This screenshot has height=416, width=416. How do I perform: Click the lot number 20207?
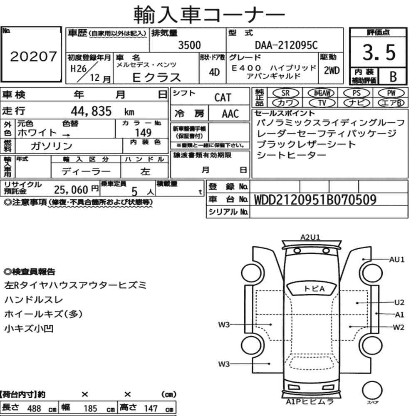[x=33, y=56]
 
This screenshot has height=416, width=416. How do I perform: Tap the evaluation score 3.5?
[x=379, y=52]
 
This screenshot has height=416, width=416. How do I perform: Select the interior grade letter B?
[x=393, y=77]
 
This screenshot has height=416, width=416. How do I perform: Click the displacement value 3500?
[x=189, y=45]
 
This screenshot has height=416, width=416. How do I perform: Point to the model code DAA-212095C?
[x=286, y=45]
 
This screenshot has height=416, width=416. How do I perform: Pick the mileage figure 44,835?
[x=91, y=111]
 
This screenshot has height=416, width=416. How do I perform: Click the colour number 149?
[x=143, y=132]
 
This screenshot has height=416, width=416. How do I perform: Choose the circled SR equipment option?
[x=285, y=93]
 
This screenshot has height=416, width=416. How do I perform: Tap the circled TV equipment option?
[x=322, y=102]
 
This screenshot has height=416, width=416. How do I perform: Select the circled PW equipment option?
[x=391, y=93]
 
